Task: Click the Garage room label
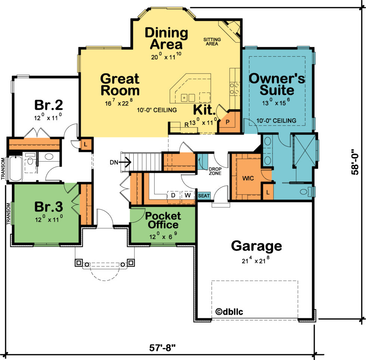point(256,246)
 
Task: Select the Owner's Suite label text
point(277,84)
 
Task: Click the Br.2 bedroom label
point(48,104)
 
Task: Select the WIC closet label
point(248,178)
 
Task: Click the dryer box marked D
point(173,195)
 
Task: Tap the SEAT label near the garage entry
point(204,195)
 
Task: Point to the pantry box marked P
point(228,122)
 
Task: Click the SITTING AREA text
point(212,41)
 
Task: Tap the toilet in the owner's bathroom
point(305,192)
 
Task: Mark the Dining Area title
point(166,38)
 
